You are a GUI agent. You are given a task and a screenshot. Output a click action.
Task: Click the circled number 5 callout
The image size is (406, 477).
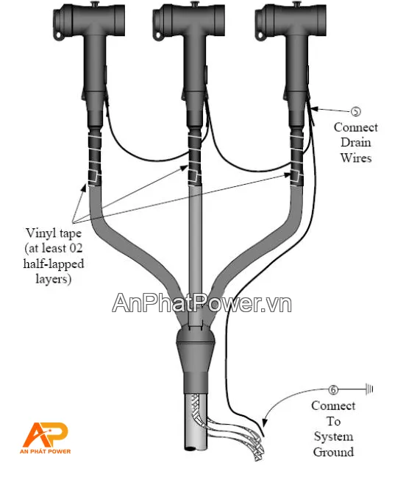[x=356, y=112]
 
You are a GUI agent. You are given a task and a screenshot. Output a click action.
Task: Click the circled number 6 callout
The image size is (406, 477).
[x=333, y=389]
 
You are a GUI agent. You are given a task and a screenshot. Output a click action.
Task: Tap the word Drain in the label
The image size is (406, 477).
[x=355, y=142]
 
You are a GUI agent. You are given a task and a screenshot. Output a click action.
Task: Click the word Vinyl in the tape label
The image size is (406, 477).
[x=40, y=233]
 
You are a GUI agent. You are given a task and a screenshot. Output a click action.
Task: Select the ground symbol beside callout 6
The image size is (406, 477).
[x=369, y=389]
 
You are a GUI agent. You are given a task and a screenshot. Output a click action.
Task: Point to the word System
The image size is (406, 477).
[x=333, y=437]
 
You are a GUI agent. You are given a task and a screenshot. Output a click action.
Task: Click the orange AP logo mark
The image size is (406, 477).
[x=46, y=435]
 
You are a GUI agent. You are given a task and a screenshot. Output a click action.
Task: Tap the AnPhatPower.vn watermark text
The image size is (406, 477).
[x=202, y=303]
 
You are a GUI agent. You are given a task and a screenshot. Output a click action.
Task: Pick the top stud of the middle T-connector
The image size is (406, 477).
[x=194, y=4]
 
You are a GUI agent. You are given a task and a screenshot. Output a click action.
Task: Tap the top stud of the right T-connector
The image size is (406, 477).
[x=296, y=4]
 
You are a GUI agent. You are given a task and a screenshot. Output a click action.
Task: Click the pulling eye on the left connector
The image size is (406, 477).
[x=58, y=36]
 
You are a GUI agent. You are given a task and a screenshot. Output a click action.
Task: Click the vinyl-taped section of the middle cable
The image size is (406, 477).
[x=194, y=158]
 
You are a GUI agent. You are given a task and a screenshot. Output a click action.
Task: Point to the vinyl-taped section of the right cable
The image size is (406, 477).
[x=297, y=158]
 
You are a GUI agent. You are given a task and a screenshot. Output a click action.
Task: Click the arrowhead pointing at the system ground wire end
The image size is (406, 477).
[x=265, y=423]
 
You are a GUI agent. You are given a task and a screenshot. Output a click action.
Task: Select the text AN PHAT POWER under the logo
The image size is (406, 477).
[x=46, y=451]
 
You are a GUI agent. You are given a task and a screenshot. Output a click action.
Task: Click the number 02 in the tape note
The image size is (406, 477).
[x=76, y=248]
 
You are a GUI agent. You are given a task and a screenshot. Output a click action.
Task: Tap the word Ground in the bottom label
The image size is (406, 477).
[x=333, y=452]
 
